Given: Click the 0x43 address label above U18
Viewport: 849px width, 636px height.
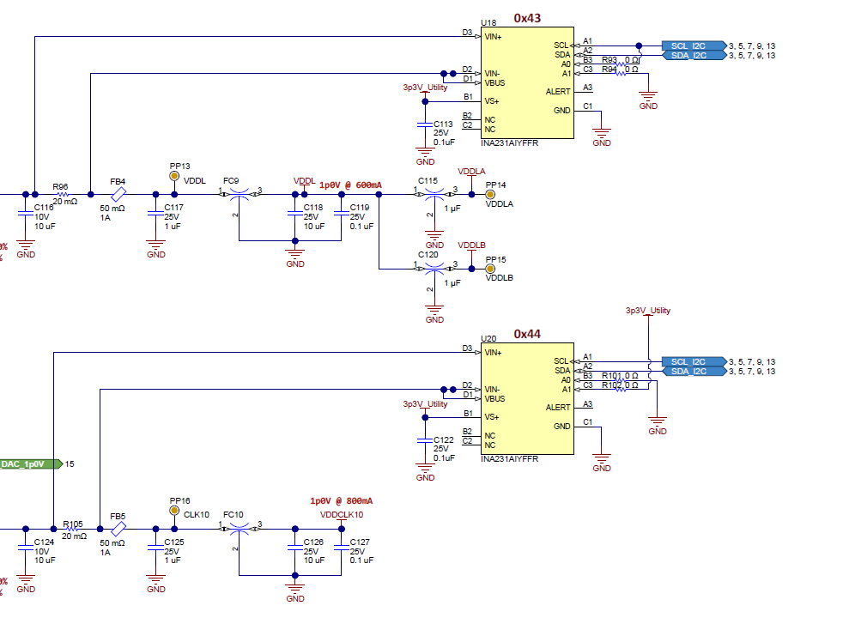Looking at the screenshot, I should coord(527,18).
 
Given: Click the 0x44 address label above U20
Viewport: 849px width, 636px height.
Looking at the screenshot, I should coord(527,334).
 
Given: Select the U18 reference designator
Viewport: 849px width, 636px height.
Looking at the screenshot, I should coord(488,23).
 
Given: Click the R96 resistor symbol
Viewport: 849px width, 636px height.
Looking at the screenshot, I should coord(61,194).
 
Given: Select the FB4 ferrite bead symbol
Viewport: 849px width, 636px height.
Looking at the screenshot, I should coord(118,194).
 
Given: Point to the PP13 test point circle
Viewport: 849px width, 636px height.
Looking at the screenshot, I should coord(175,176).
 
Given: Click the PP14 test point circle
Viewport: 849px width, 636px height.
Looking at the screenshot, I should coord(491,194).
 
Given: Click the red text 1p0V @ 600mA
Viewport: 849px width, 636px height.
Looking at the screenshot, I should coord(350,185).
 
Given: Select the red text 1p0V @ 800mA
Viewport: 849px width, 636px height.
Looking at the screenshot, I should coord(341,500).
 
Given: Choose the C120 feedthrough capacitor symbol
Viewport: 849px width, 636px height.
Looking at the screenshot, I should coord(434,269).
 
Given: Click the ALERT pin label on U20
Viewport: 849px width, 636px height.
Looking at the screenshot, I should coord(557,408).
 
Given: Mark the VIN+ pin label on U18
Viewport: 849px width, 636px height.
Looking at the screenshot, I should coord(494,37).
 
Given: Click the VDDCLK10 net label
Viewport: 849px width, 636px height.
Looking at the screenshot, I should coord(342,514).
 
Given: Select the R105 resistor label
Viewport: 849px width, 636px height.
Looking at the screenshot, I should coord(73,524).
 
